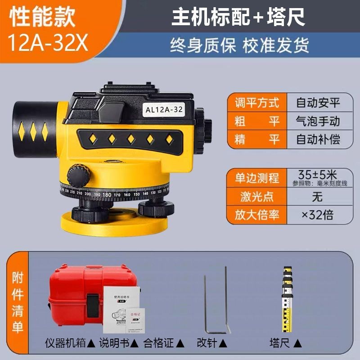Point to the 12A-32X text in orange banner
point(44,43)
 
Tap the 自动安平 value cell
point(318,102)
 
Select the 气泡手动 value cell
point(318,121)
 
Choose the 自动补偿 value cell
point(318,139)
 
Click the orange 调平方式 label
point(254,102)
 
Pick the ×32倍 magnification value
point(318,215)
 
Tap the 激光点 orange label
point(254,196)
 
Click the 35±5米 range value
point(318,174)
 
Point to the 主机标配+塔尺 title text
point(238,18)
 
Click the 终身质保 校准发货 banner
point(239,45)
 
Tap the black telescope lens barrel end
point(34,123)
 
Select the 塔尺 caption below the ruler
point(285,343)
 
